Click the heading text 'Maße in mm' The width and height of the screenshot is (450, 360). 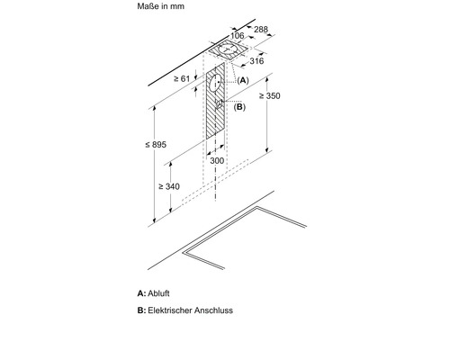point(160,6)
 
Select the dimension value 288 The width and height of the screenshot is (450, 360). point(261,29)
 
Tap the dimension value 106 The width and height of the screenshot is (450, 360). point(238,36)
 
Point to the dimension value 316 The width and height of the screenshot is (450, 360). point(256,61)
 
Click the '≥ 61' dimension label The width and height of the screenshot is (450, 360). point(182,78)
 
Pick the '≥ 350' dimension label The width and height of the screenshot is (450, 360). point(270,95)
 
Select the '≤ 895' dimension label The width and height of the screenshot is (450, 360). point(156,145)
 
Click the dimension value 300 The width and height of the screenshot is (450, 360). point(217,161)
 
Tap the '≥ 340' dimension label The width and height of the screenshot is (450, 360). point(169,186)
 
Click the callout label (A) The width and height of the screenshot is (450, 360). point(243,80)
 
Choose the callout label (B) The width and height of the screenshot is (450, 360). point(239,107)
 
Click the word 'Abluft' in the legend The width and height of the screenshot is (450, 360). point(158,293)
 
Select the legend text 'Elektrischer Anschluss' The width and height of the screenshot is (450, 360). point(190,310)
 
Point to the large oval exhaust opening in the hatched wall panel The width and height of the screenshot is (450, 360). point(215,83)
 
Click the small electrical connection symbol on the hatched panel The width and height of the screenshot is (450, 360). point(220,103)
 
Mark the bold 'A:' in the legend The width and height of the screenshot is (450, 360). point(141,293)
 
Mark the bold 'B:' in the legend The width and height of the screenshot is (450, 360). point(141,310)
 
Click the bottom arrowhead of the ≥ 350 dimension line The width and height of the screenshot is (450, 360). point(267,150)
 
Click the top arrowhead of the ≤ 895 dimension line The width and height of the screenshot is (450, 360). point(154,109)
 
